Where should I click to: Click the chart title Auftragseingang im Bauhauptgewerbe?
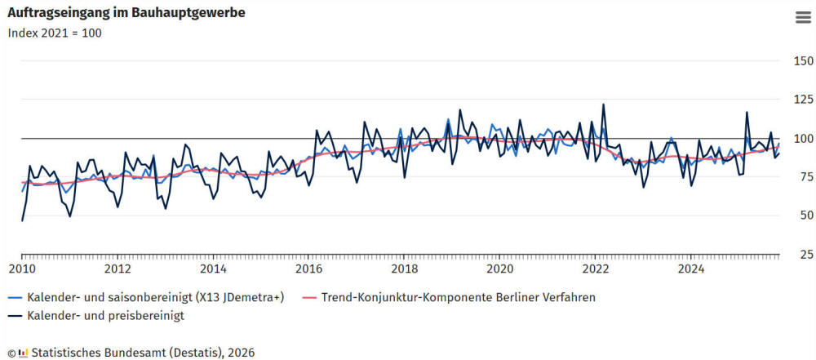[x=126, y=13]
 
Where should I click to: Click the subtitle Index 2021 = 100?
[x=55, y=33]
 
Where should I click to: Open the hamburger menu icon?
[x=802, y=20]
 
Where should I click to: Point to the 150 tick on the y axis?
[x=803, y=61]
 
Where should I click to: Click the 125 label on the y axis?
[x=803, y=100]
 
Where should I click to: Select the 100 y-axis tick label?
[x=803, y=139]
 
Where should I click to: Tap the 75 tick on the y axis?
[x=803, y=177]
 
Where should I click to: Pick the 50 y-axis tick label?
[x=803, y=216]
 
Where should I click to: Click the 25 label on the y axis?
[x=803, y=255]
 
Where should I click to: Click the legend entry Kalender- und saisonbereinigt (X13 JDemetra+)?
[x=155, y=297]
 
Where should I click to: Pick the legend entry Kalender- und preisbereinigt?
[x=105, y=314]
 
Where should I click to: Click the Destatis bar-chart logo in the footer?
[x=24, y=353]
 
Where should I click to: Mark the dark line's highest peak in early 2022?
[x=603, y=104]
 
